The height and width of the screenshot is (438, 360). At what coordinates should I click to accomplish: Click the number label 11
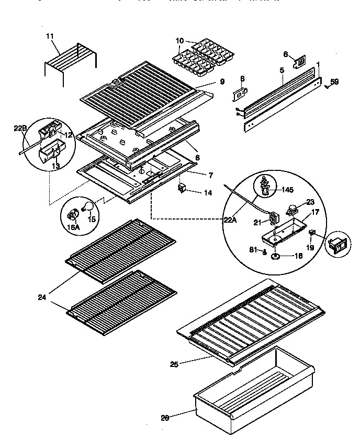[50, 36]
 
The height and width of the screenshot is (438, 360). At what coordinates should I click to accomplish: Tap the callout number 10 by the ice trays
[179, 41]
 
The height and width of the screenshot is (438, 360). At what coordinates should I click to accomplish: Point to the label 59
[334, 81]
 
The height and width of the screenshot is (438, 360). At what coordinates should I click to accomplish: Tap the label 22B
[19, 128]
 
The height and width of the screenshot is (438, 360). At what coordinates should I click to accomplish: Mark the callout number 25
[174, 364]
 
